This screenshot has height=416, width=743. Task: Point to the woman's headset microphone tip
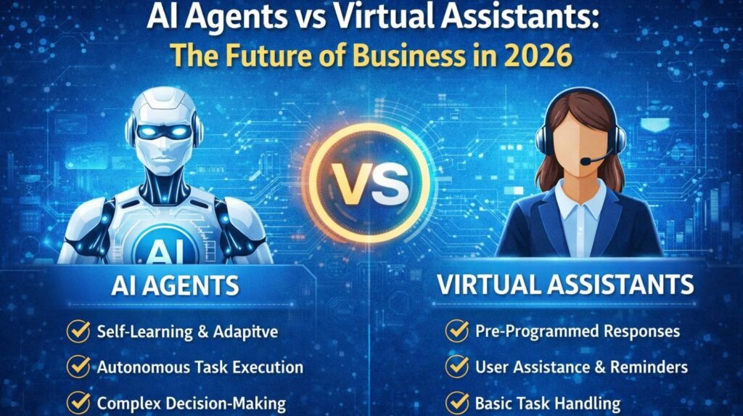click(587, 161)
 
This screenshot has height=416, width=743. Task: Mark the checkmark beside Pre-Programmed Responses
click(456, 332)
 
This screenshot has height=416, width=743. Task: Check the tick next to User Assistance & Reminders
click(456, 367)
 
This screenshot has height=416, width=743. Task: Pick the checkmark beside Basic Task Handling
click(456, 402)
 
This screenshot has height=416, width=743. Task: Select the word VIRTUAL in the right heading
click(490, 285)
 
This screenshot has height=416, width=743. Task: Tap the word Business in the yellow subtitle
click(409, 56)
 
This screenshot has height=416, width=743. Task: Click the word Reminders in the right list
click(646, 367)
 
